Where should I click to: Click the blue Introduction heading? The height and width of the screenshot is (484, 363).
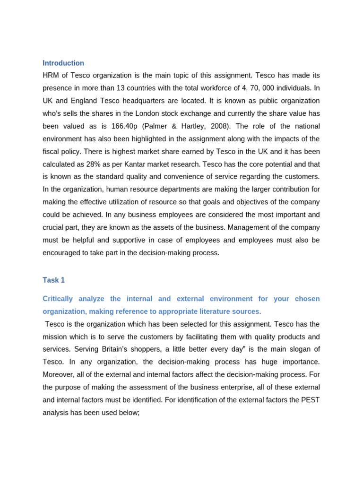63,63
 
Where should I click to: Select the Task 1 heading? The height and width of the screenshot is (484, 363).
54,280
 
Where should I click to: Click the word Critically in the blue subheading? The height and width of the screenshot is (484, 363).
59,299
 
